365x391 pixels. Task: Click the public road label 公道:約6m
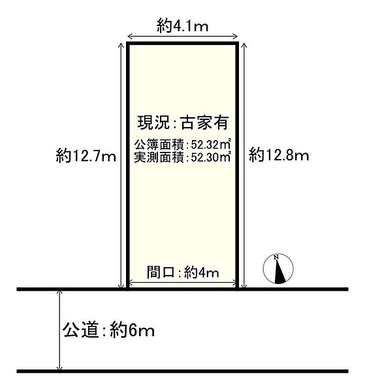tap(109, 331)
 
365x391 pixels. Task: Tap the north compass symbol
tap(278, 269)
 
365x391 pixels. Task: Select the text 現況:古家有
tap(182, 122)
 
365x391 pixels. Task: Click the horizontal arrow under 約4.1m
tap(182, 37)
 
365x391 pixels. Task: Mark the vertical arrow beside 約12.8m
tap(244, 166)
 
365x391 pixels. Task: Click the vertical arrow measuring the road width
tap(61, 330)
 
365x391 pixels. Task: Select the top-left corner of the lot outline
tap(127, 45)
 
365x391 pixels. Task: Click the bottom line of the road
tap(183, 371)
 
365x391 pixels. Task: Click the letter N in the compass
tap(277, 258)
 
